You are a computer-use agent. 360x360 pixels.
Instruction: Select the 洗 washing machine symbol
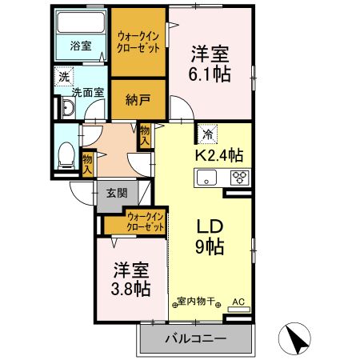[62, 78]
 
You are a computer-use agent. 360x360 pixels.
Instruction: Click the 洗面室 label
[86, 92]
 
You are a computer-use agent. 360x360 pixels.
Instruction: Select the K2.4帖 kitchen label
[220, 154]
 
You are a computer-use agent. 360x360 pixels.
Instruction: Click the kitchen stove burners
[238, 178]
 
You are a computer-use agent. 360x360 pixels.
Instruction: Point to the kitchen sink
[208, 178]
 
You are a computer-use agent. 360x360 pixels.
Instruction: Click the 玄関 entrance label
[116, 194]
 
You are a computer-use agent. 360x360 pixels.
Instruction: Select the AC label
[238, 302]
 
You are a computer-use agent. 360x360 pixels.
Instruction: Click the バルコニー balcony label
[195, 339]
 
